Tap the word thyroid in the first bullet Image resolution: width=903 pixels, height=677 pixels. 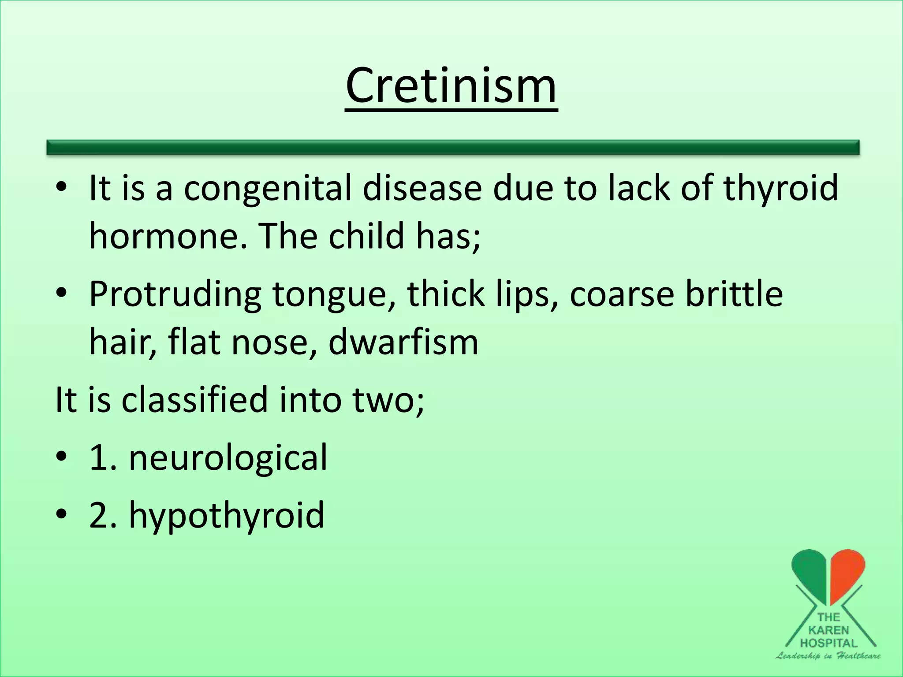pyautogui.click(x=780, y=188)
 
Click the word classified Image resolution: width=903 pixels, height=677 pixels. pyautogui.click(x=194, y=399)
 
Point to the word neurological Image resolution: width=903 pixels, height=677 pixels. pyautogui.click(x=228, y=458)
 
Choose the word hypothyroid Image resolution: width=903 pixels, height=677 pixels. pyautogui.click(x=226, y=515)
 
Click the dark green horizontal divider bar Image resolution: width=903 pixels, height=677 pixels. pyautogui.click(x=453, y=147)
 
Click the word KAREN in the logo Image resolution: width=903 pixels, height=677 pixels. pyautogui.click(x=828, y=630)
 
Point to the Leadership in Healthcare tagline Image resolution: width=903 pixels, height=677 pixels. pyautogui.click(x=828, y=656)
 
